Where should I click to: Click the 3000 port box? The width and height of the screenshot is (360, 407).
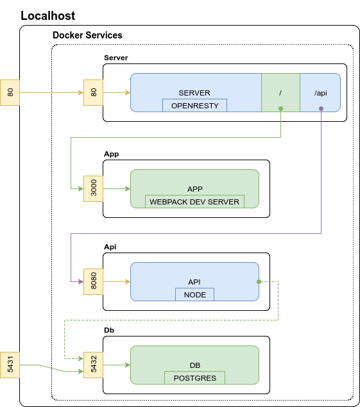pos(93,188)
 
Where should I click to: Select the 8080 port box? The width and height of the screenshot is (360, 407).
pos(93,281)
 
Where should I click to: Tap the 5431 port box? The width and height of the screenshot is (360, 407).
pos(10,365)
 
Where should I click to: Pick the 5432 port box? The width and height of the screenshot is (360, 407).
pos(93,365)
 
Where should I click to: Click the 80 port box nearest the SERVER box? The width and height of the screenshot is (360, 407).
pos(93,93)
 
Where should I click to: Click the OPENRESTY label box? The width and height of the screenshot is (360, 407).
pos(194,105)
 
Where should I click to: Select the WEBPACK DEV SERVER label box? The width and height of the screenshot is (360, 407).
pos(194,201)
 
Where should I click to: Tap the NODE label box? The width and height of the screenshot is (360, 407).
pos(194,294)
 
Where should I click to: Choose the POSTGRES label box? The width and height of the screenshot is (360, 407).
pos(194,378)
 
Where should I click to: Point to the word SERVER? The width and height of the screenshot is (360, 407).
pos(194,93)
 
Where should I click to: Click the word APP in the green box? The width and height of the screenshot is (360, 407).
pos(194,189)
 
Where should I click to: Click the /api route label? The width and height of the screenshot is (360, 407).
pos(320,93)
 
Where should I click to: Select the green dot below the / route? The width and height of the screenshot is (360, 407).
pos(280,109)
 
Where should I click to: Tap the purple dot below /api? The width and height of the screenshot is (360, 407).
pos(321,109)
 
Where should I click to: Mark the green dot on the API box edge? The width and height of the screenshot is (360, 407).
pos(259,281)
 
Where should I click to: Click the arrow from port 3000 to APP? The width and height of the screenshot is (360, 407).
pos(117,188)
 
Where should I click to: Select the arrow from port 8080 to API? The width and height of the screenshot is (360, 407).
pos(117,281)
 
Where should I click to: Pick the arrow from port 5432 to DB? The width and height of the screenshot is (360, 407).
pos(117,365)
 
